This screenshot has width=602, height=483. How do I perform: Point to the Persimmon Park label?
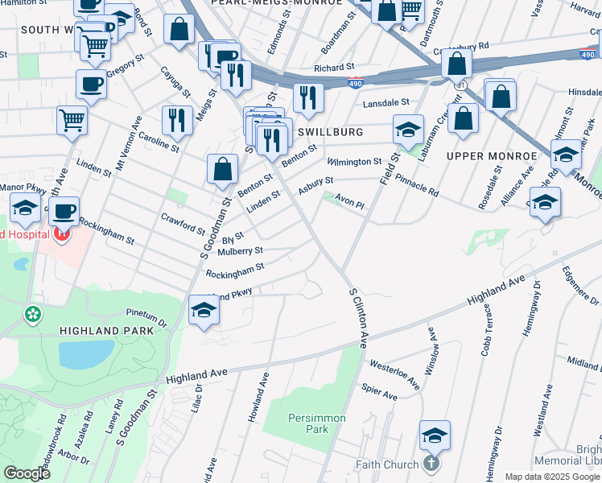click(x=317, y=423)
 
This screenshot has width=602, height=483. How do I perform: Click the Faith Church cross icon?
click(x=431, y=464)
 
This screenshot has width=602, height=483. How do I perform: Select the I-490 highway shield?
click(x=356, y=83)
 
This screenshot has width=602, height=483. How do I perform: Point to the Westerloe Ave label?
click(x=394, y=375)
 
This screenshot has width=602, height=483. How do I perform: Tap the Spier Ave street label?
click(x=380, y=393)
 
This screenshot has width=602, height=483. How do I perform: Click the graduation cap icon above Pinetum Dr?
click(x=204, y=309)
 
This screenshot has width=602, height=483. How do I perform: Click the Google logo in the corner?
click(x=27, y=473)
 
